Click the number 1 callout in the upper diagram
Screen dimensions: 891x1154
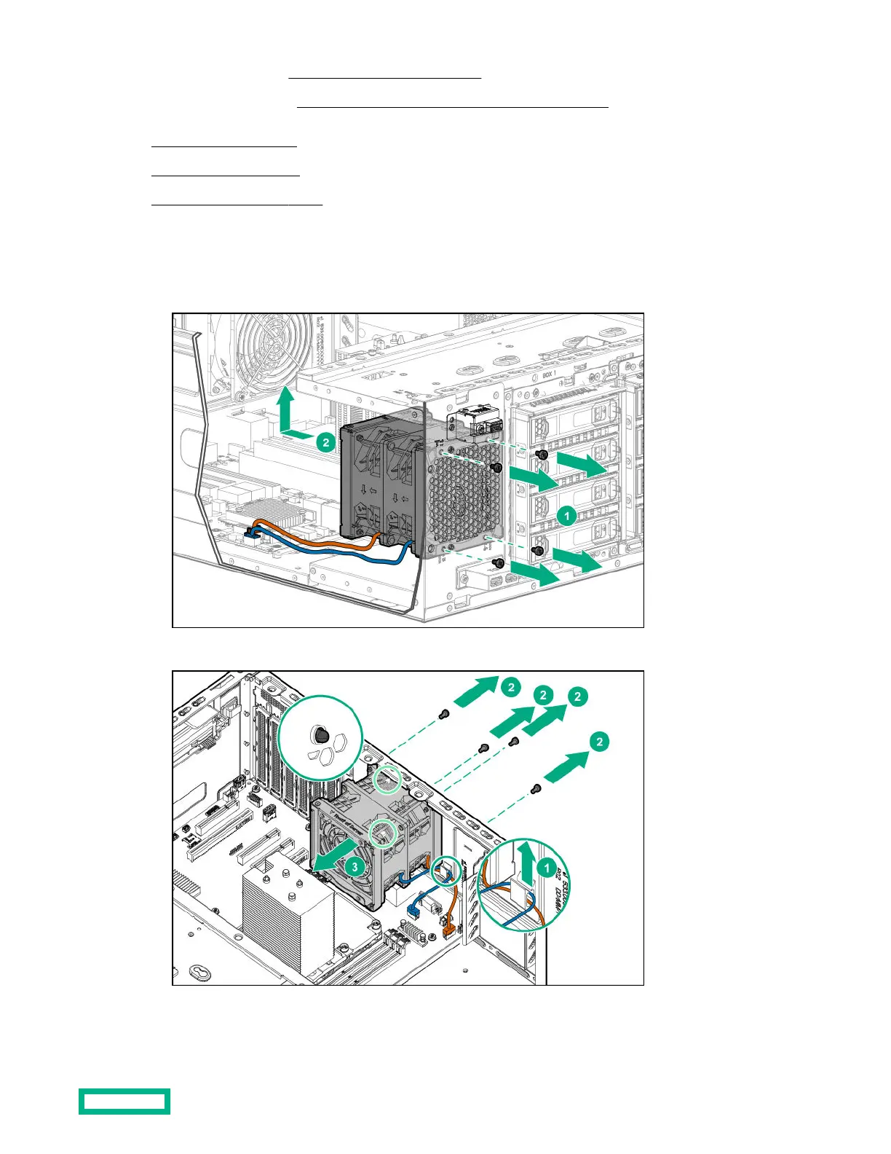[566, 516]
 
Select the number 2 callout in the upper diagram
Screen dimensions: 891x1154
[326, 441]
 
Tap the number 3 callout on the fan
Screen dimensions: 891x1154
[355, 867]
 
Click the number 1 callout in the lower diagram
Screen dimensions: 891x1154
[547, 867]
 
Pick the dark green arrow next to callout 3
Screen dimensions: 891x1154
[336, 854]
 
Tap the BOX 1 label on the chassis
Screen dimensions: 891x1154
[549, 375]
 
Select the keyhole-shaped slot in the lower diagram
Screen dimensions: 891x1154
[199, 972]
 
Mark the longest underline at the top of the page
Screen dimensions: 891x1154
[452, 107]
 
